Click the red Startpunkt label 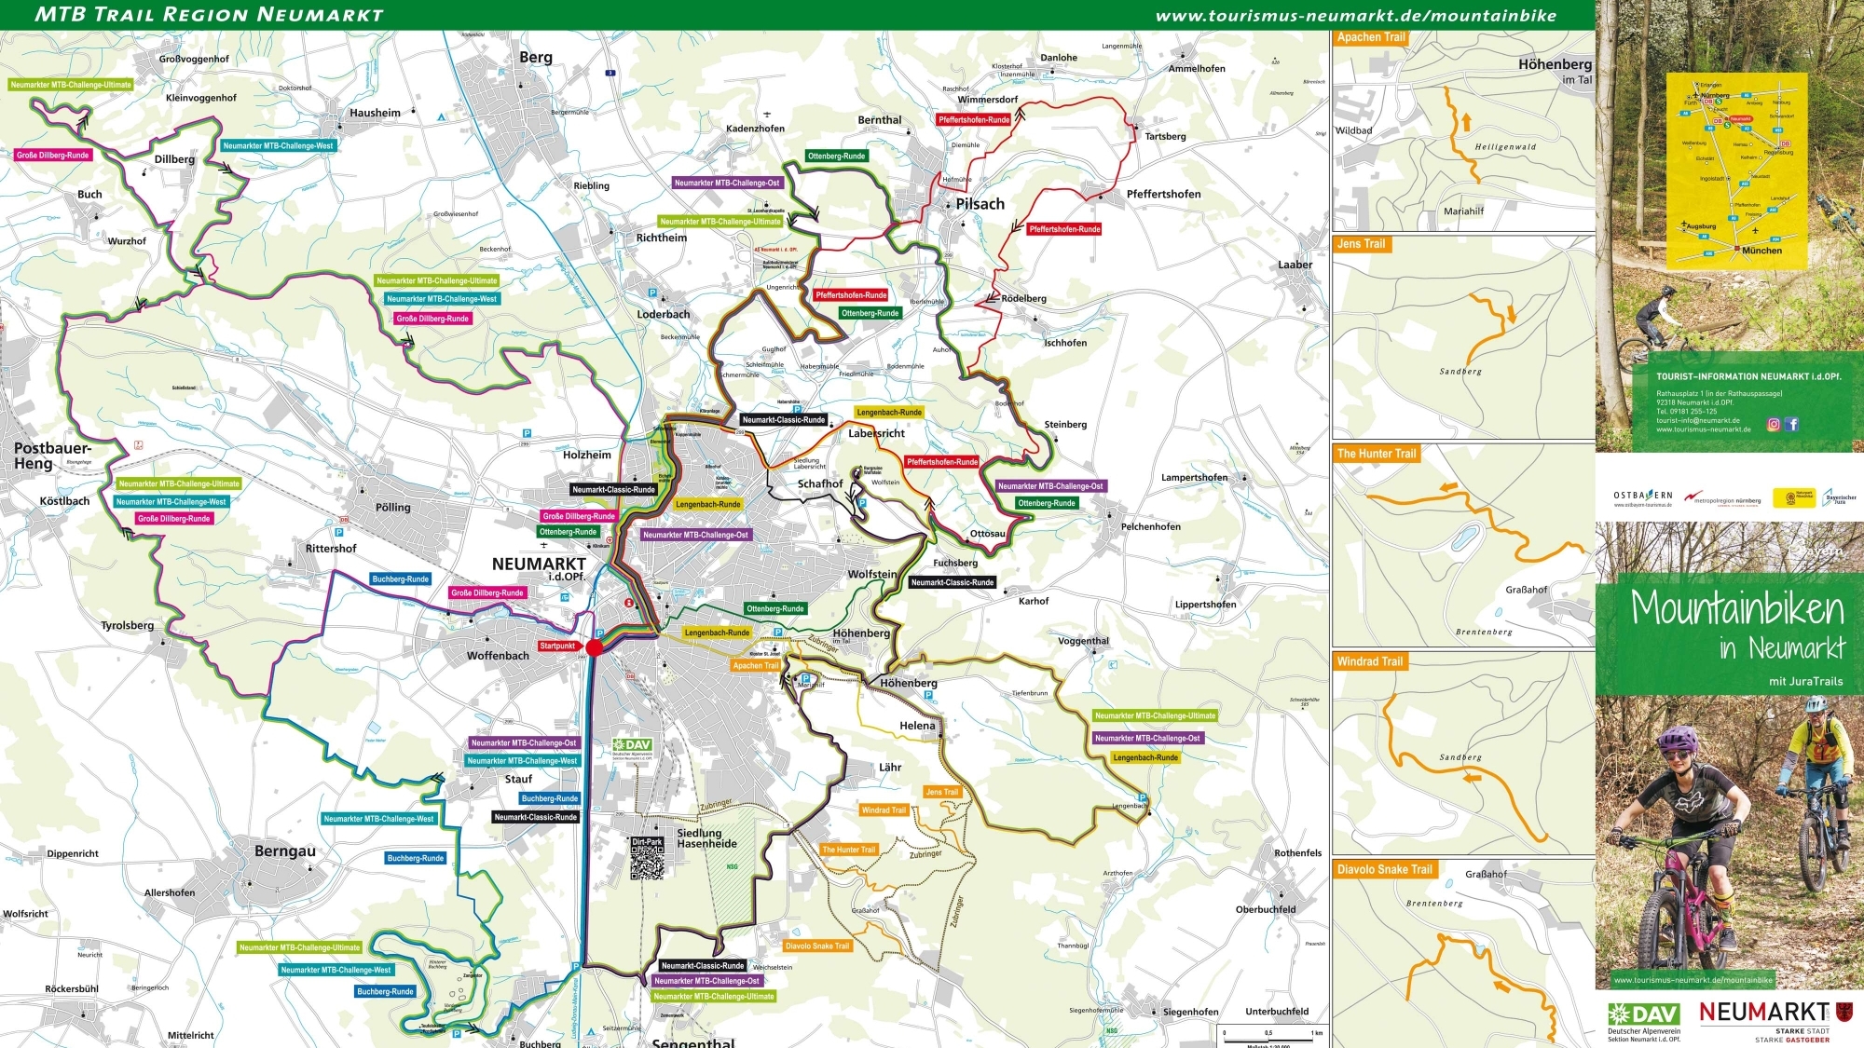(x=557, y=646)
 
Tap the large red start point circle (x=595, y=647)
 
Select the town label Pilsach (x=980, y=204)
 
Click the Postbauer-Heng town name (x=52, y=456)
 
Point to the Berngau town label (x=284, y=851)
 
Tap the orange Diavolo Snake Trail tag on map (x=817, y=946)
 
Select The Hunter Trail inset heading (x=1376, y=454)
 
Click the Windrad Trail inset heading (x=1369, y=661)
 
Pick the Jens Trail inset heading (x=1361, y=244)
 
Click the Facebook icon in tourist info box (x=1791, y=424)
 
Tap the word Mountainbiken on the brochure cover (x=1737, y=608)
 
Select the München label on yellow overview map (x=1761, y=251)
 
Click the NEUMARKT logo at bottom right (x=1763, y=1012)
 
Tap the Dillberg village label (x=174, y=159)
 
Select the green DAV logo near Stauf (x=633, y=745)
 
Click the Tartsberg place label (x=1165, y=137)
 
